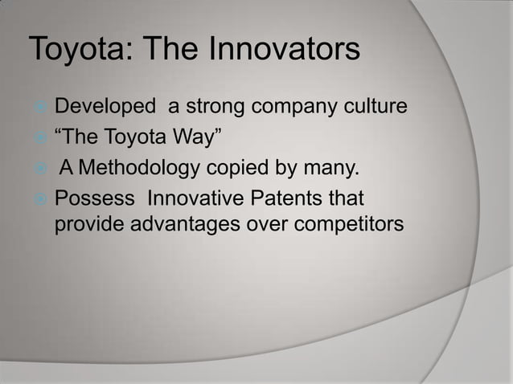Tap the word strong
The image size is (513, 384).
pyautogui.click(x=212, y=107)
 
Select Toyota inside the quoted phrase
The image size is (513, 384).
pyautogui.click(x=129, y=137)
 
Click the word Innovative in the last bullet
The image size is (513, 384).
pyautogui.click(x=196, y=197)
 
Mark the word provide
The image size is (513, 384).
pyautogui.click(x=88, y=225)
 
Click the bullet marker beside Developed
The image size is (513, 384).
pyautogui.click(x=39, y=108)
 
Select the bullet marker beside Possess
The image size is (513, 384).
pyautogui.click(x=39, y=198)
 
